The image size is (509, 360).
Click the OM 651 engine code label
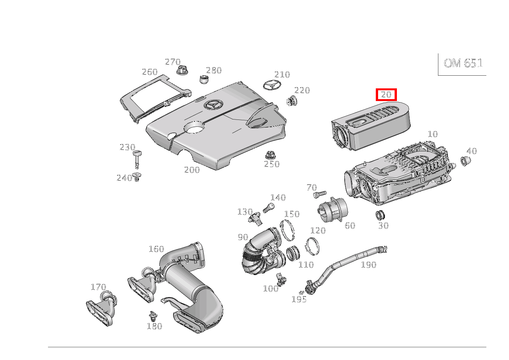point(463,63)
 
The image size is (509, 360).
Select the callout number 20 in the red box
point(386,95)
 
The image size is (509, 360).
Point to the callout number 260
point(150,72)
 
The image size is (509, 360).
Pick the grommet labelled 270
point(182,70)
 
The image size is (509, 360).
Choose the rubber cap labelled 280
point(205,80)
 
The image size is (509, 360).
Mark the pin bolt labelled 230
point(137,159)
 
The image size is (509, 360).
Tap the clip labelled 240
point(137,177)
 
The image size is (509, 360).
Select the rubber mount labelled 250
point(270,155)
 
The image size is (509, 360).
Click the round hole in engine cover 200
point(194,127)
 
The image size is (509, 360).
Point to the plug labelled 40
point(465,161)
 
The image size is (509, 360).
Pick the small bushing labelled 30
point(380,215)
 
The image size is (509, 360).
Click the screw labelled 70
point(319,194)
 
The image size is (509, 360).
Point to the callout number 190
point(369,264)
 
